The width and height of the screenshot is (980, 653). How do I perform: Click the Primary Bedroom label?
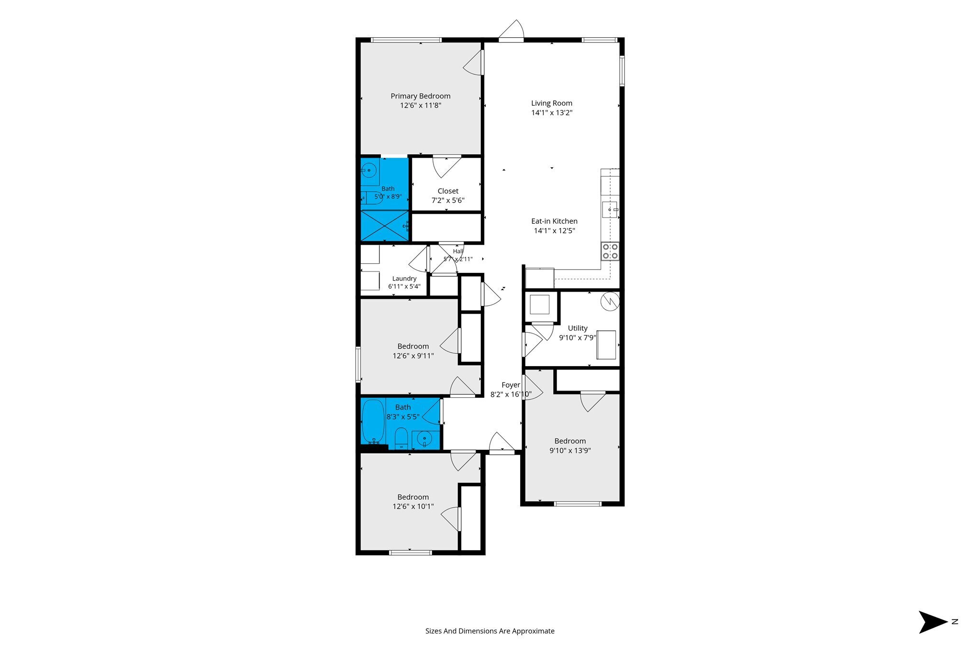[421, 96]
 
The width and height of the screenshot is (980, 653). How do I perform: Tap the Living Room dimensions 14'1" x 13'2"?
[552, 113]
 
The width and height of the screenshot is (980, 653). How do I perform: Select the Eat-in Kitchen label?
[554, 221]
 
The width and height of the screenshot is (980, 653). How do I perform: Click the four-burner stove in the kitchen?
[610, 251]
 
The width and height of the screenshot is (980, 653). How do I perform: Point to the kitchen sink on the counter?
[610, 210]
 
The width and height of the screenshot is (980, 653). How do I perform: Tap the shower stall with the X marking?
[385, 226]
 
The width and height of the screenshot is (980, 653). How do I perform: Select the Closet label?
[448, 191]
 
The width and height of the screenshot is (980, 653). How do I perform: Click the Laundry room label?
[404, 279]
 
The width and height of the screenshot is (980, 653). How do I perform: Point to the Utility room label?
[578, 328]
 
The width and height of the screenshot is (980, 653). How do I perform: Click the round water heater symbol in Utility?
[610, 301]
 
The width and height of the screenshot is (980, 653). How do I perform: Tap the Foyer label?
[511, 385]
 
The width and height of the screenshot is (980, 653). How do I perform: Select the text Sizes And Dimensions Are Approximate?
[490, 631]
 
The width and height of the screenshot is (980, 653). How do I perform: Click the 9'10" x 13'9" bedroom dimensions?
[570, 451]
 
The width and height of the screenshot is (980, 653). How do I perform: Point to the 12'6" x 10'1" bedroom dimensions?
[413, 507]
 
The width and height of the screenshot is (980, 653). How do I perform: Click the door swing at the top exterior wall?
[512, 29]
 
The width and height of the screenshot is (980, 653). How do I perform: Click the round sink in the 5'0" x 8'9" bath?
[369, 170]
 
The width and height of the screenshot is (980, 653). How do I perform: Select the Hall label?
[458, 251]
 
